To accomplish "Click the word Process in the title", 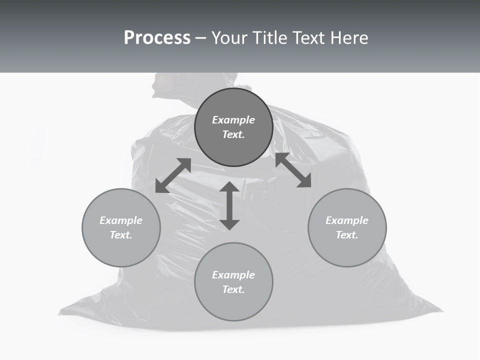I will [x=157, y=38].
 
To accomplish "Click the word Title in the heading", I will [x=270, y=38].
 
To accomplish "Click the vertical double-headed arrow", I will [x=229, y=205].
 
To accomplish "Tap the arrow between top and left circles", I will [x=173, y=175].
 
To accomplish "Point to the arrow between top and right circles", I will [x=293, y=170].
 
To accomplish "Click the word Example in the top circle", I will [x=233, y=120].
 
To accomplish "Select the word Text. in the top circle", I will [x=233, y=134].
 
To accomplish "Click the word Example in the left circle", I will [x=121, y=220].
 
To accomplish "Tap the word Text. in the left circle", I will [x=121, y=235].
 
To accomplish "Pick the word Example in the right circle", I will [x=347, y=220].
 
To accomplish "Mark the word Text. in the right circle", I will [x=347, y=235].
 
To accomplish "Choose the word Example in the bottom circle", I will [x=233, y=275].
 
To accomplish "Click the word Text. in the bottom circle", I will [x=233, y=289].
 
